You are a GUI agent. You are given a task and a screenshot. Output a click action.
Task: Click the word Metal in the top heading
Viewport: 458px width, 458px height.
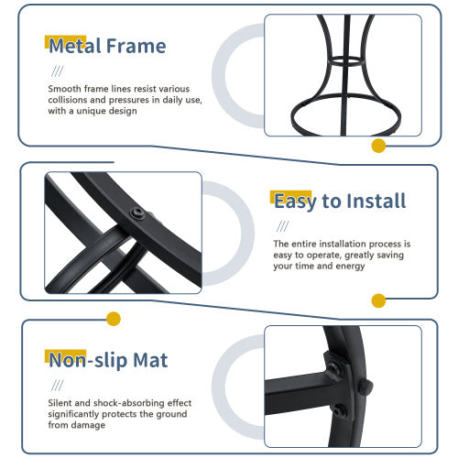coord(74,46)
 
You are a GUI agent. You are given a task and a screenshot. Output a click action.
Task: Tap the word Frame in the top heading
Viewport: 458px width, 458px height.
coord(136,46)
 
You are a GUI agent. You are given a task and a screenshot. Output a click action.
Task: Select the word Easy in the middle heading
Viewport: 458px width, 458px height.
coord(295,202)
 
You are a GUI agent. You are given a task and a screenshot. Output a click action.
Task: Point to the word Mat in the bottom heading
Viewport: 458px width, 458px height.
coord(150,360)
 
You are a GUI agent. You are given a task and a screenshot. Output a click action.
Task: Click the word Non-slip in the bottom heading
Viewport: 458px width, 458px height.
coord(88,361)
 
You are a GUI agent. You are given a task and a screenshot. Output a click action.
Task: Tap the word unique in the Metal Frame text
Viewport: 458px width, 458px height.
coord(89,111)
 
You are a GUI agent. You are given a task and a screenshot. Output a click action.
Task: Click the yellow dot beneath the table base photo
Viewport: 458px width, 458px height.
coord(378,146)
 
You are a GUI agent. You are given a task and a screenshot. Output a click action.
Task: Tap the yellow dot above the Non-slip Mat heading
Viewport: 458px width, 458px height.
coord(114,319)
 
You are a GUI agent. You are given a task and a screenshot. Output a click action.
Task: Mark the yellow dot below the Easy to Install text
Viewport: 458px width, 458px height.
coord(378,300)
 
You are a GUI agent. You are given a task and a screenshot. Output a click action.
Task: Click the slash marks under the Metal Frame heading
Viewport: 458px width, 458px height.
coord(58,71)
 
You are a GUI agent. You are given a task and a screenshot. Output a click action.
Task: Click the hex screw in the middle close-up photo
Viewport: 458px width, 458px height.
coord(136,213)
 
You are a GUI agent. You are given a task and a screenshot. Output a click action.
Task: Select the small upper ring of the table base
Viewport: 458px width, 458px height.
coord(347,60)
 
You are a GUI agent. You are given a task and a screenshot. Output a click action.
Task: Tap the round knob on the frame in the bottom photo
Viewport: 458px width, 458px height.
coord(365,387)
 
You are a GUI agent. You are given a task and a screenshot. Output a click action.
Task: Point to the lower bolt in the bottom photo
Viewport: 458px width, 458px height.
coord(339,410)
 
